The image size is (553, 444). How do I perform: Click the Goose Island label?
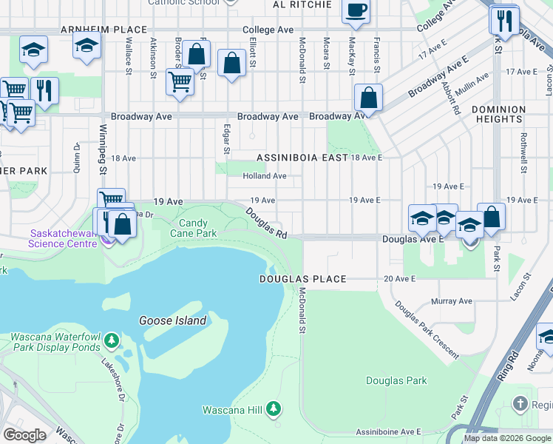pos(172,320)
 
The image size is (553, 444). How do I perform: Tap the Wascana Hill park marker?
pos(274,408)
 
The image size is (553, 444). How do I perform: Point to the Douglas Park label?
pos(396,380)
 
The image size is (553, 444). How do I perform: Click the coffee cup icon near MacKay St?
pos(356,10)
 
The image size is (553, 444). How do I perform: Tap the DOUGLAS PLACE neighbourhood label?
pos(302,279)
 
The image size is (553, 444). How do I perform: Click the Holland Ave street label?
pos(265,176)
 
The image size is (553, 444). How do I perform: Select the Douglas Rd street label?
pos(267,222)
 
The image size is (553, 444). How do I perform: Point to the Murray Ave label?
pos(451,301)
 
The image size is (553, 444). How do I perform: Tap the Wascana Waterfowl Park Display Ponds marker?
pos(111,340)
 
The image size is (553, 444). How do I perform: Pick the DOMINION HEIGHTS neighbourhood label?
pos(498,114)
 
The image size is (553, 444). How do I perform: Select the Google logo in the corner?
pos(24,435)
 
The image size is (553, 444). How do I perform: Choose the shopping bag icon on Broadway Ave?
pos(368,98)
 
